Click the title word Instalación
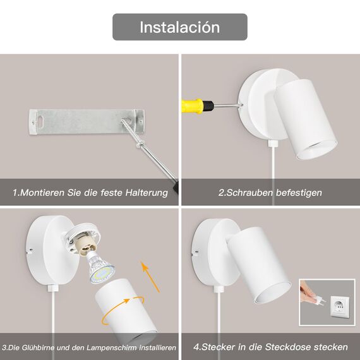179,27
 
